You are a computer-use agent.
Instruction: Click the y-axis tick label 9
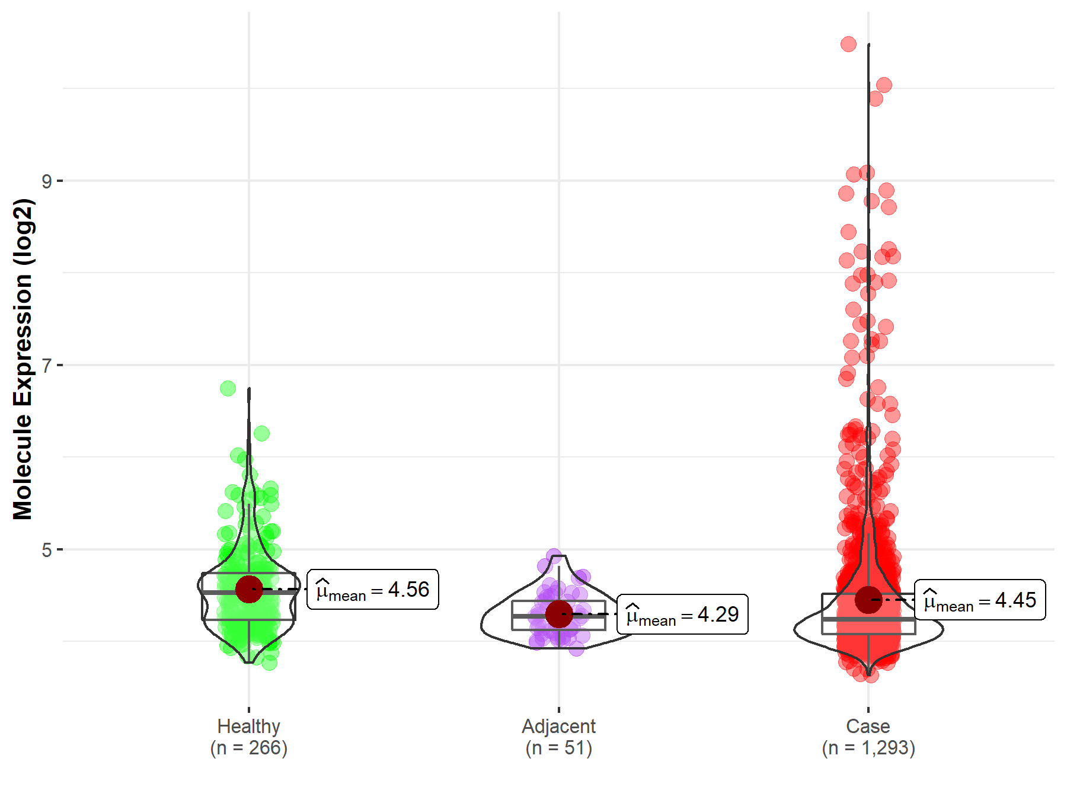pos(46,181)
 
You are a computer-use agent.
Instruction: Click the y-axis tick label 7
pos(46,366)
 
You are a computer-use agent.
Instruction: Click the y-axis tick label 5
pos(46,550)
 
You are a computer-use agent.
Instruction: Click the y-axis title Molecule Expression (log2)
pos(23,359)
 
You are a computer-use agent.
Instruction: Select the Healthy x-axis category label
pos(248,726)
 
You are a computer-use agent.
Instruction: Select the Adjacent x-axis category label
pos(558,726)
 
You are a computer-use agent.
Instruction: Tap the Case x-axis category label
pos(868,726)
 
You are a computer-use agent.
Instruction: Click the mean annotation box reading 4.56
pos(373,590)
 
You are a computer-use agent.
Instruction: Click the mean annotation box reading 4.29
pos(682,615)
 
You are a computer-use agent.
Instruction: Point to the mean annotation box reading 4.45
pos(980,600)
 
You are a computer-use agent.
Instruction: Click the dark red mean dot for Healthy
pos(249,589)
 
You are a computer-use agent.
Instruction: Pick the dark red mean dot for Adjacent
pos(559,614)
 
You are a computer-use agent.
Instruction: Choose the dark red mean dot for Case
pos(868,600)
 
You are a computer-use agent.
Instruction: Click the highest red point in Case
pos(848,44)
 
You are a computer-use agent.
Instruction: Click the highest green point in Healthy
pos(228,388)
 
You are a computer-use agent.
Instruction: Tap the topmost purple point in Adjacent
pos(554,556)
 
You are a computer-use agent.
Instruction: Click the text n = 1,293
pos(868,748)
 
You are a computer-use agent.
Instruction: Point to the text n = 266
pos(248,748)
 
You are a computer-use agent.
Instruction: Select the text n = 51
pos(558,748)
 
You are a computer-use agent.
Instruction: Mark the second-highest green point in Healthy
pos(261,433)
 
